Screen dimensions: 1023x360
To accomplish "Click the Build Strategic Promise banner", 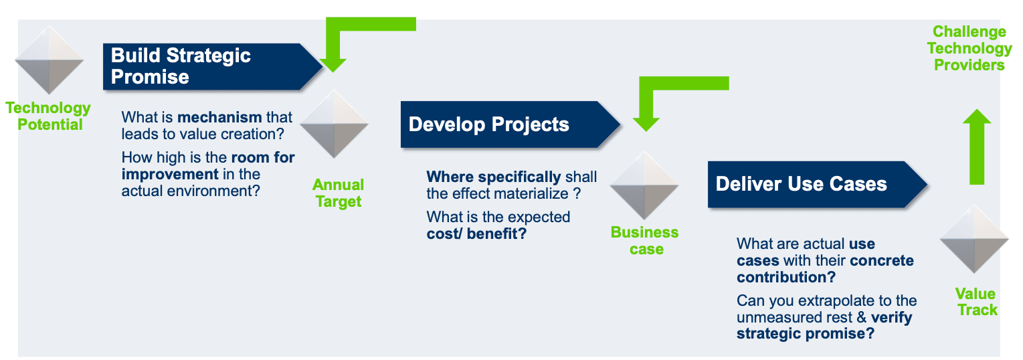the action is [212, 67].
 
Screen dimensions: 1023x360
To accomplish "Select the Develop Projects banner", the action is [510, 124].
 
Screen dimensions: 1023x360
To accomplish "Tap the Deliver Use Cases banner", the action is [817, 184].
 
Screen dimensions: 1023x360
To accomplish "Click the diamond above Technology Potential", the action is [50, 60].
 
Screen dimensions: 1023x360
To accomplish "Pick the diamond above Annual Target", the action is [334, 124].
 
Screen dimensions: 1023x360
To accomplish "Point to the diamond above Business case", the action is [644, 185].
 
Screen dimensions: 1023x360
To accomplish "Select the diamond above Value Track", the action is [974, 239].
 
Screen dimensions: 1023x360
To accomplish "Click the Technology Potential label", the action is [48, 116].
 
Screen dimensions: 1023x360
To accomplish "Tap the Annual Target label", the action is [339, 193].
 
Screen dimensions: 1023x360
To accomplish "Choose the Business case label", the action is [645, 240].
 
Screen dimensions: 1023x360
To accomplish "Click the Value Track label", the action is [976, 302].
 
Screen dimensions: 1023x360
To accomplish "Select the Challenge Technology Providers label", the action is [969, 48].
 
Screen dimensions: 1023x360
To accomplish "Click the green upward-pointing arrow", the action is [977, 147].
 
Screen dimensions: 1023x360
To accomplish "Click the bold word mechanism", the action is [219, 117].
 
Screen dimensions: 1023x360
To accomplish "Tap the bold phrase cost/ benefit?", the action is [476, 234].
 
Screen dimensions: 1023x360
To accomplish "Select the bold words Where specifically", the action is [493, 177].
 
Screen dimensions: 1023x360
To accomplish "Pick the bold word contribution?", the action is [786, 277].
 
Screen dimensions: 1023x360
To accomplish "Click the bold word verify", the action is [891, 318].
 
